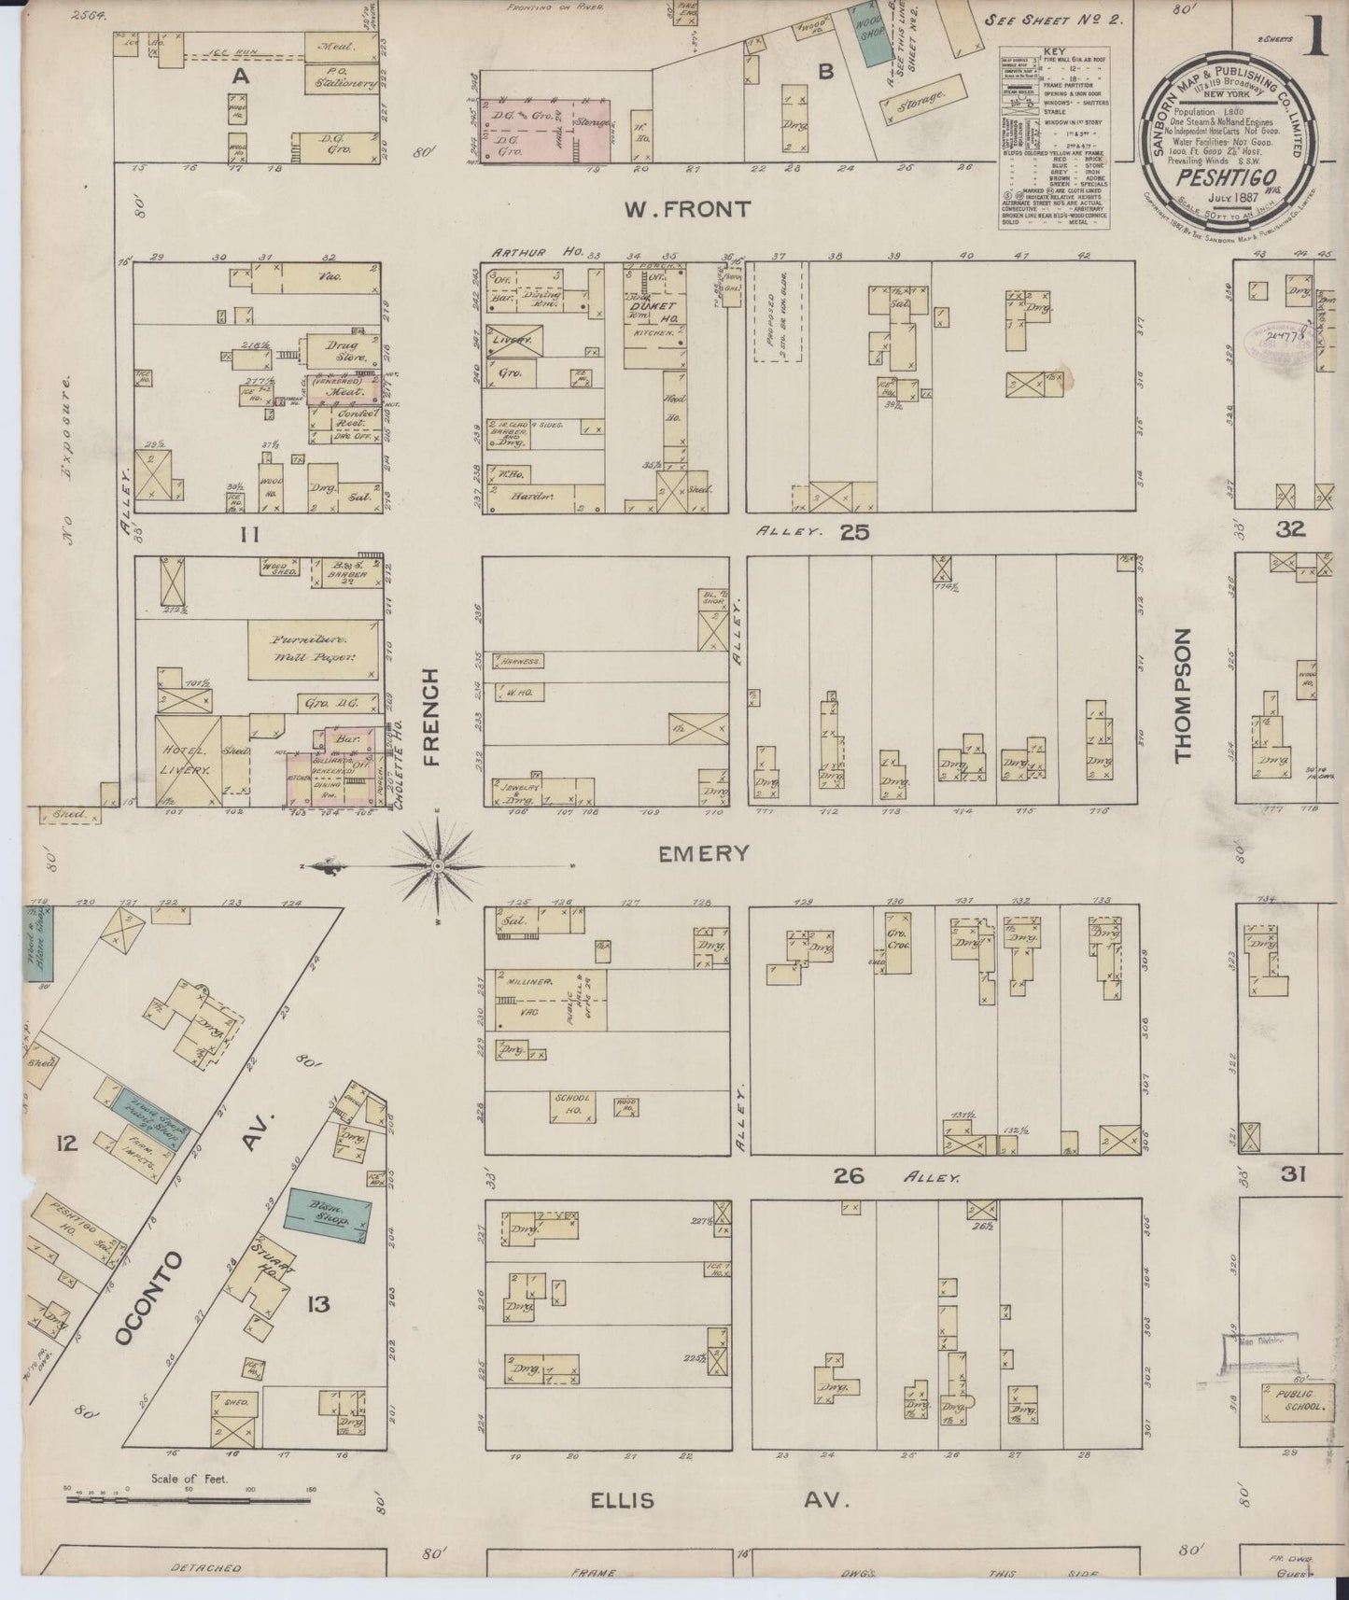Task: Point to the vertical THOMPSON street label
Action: [1183, 695]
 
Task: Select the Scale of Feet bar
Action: [188, 1500]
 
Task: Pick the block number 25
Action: [853, 532]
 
